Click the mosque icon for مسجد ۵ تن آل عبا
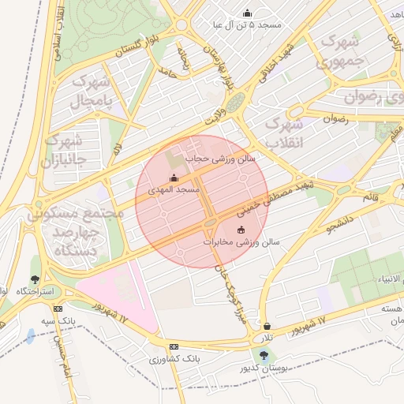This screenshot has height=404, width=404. pos(248,13)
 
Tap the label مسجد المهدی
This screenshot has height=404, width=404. pos(180,191)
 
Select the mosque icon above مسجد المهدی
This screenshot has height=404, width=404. pos(174,178)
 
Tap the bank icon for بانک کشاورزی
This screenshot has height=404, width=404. pos(174,346)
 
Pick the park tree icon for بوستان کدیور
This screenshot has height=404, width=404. pos(263,354)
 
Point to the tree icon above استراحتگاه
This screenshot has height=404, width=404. pos(34,279)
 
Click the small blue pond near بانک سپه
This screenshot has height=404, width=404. pos(30,337)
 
